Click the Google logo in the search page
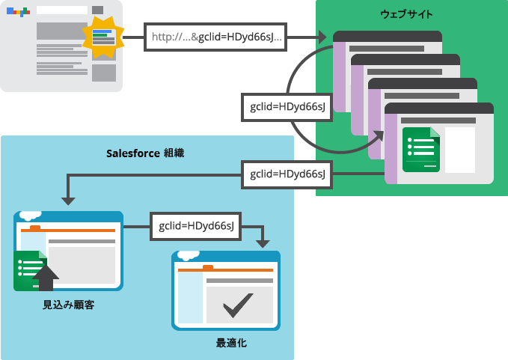pyautogui.click(x=18, y=11)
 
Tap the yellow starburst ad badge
pyautogui.click(x=103, y=37)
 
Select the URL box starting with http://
pyautogui.click(x=215, y=37)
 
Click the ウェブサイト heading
pyautogui.click(x=406, y=14)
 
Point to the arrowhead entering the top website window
pyautogui.click(x=322, y=37)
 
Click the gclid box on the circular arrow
pyautogui.click(x=287, y=107)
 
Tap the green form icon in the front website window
pyautogui.click(x=421, y=150)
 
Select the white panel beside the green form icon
pyautogui.click(x=460, y=150)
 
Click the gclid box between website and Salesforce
pyautogui.click(x=287, y=174)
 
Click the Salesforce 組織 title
pyautogui.click(x=145, y=153)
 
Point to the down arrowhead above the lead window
pyautogui.click(x=68, y=201)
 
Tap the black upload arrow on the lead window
pyautogui.click(x=46, y=278)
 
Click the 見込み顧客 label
pyautogui.click(x=69, y=305)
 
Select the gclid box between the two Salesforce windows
pyautogui.click(x=196, y=226)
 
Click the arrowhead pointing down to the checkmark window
pyautogui.click(x=263, y=244)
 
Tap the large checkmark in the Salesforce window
pyautogui.click(x=238, y=305)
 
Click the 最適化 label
pyautogui.click(x=231, y=343)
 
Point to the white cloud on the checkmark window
pyautogui.click(x=189, y=255)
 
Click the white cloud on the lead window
pyautogui.click(x=31, y=215)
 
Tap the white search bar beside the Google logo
pyautogui.click(x=62, y=10)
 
